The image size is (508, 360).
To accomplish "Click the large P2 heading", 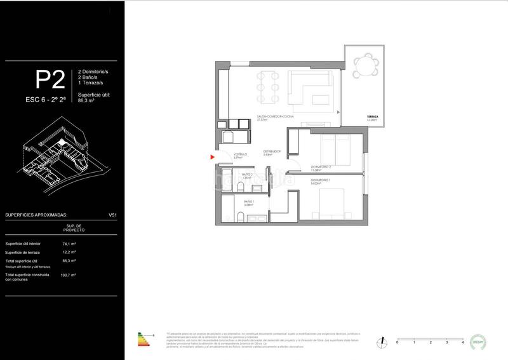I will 50,80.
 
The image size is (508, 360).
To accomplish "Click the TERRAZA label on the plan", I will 372,117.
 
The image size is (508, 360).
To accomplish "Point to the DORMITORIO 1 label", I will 320,181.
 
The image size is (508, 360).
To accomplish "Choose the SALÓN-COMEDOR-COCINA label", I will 274,117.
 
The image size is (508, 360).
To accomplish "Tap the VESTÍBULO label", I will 239,154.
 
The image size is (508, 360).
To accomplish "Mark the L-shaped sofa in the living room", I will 310,89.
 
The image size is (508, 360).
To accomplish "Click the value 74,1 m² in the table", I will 69,244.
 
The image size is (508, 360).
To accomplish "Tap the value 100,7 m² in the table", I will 68,275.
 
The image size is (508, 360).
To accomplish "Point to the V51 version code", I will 113,215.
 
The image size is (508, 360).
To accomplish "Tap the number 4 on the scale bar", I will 463,342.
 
